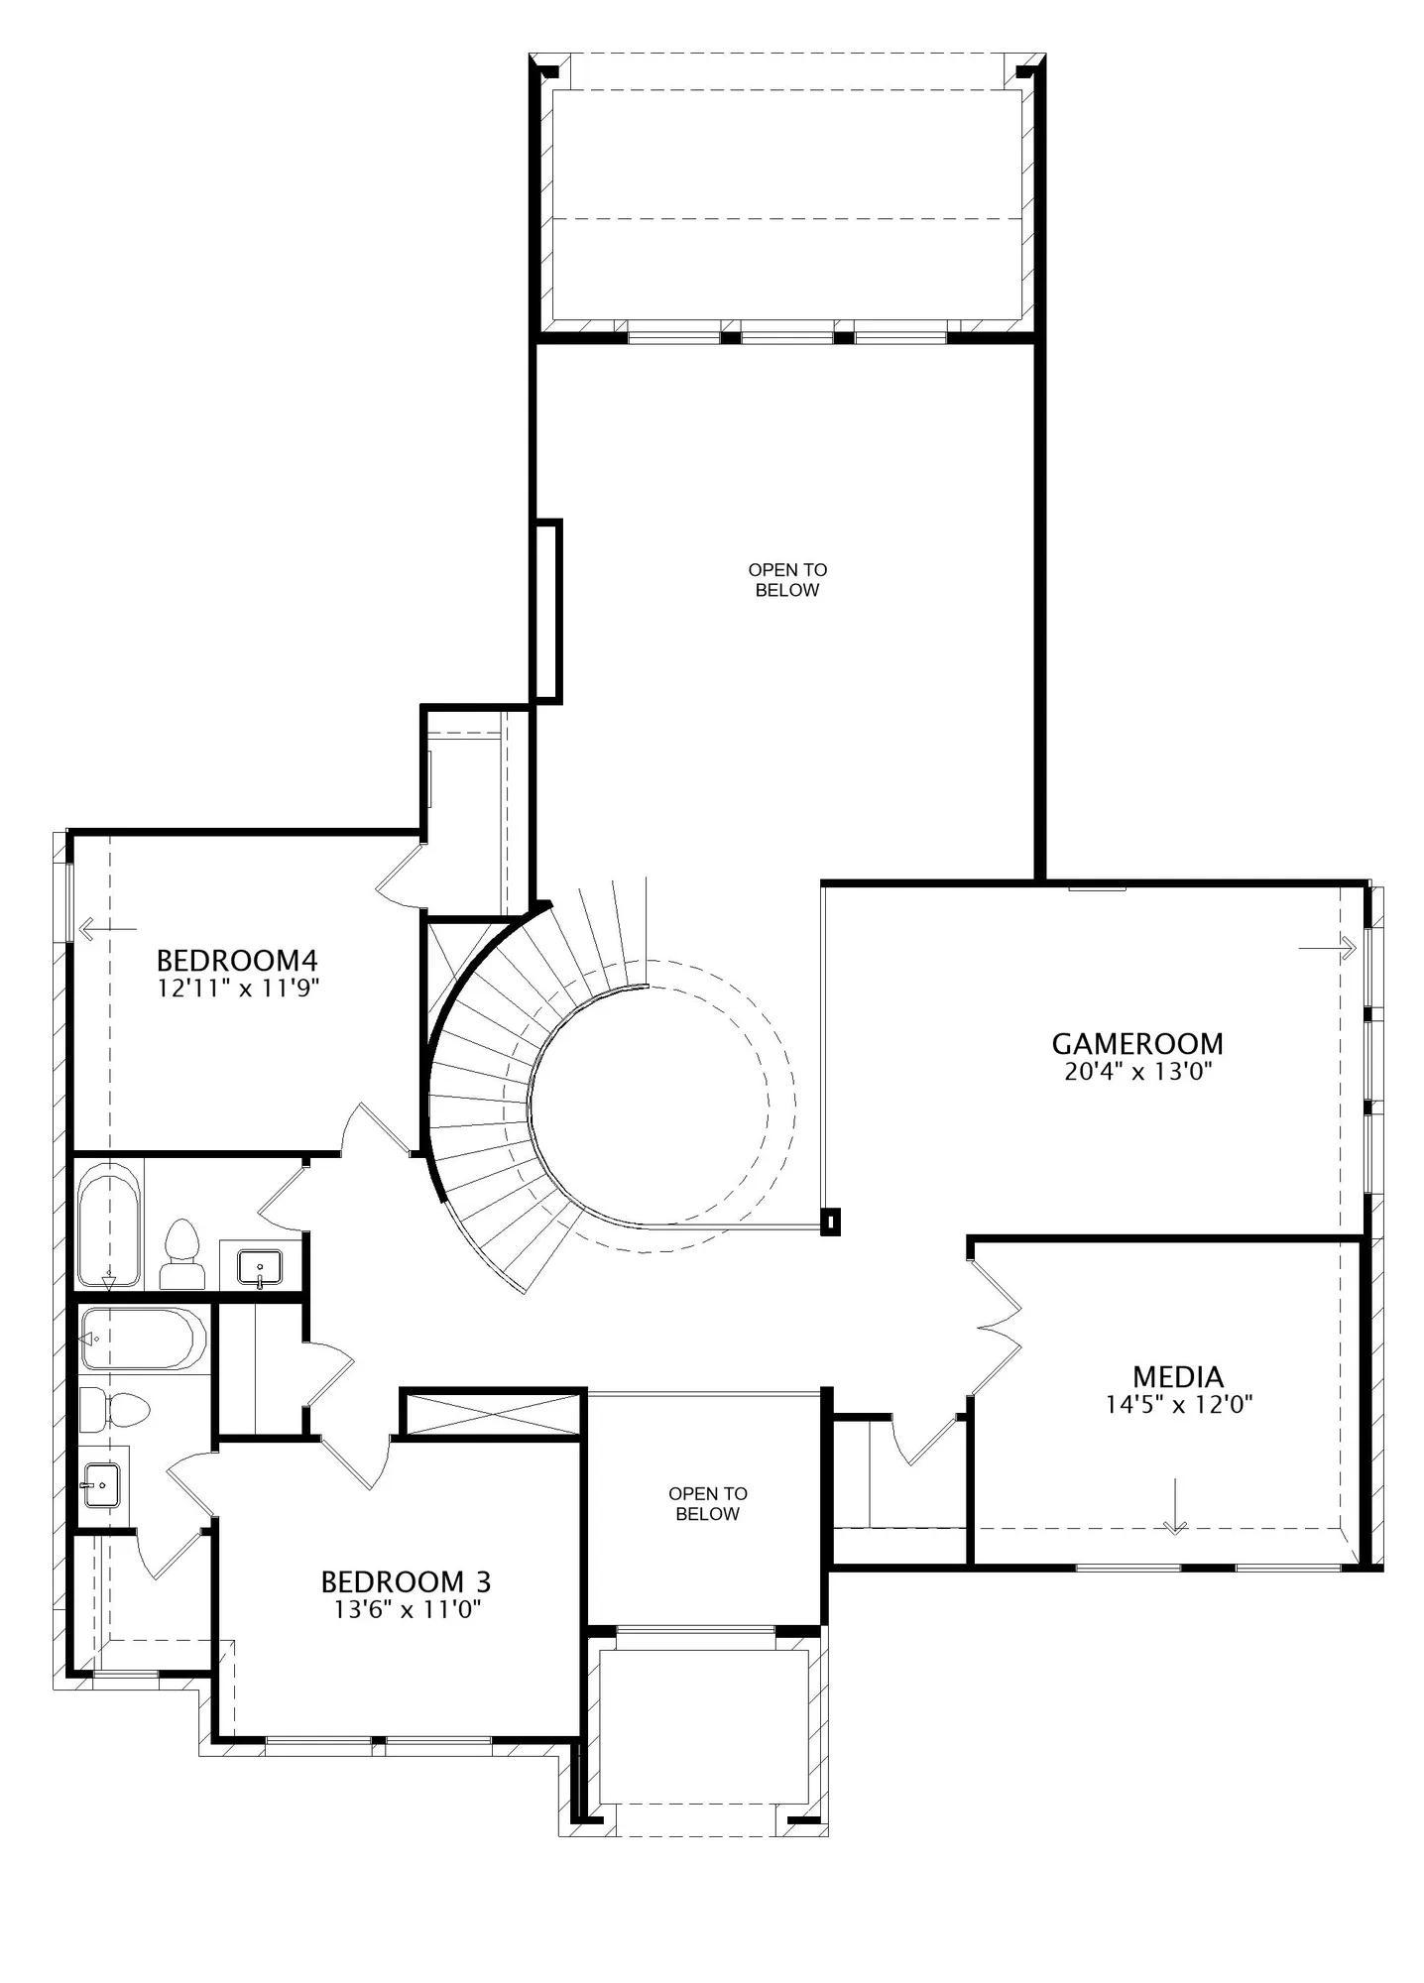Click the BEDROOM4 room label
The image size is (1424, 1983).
point(237,960)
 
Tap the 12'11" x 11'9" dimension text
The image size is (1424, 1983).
point(238,988)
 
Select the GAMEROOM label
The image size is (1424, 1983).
point(1137,1043)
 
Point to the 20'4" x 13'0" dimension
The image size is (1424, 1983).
point(1138,1071)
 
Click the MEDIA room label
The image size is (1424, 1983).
point(1178,1376)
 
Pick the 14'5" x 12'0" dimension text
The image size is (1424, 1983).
point(1179,1404)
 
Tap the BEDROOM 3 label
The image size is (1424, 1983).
point(406,1580)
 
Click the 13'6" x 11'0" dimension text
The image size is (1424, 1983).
point(407,1608)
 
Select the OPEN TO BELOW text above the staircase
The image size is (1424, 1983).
point(787,580)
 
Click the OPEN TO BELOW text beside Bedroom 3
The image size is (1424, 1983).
point(708,1503)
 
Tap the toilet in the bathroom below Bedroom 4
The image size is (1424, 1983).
point(181,1253)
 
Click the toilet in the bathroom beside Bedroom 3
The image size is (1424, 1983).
point(114,1409)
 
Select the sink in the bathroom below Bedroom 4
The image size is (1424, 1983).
point(259,1267)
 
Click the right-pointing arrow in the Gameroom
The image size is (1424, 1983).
point(1327,948)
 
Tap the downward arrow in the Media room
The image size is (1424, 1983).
point(1175,1507)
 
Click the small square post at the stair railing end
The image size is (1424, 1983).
point(831,1222)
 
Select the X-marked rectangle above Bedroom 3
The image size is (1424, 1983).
point(492,1413)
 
